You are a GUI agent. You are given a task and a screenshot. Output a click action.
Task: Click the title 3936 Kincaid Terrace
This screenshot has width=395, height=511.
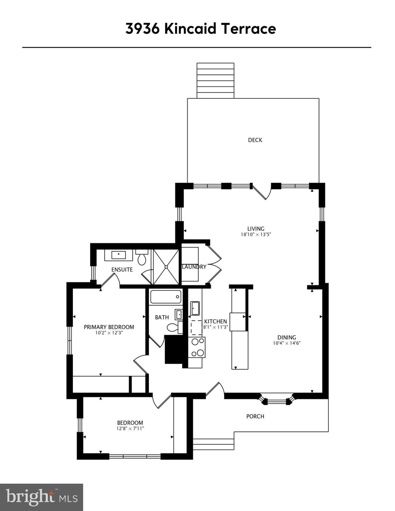coord(201,29)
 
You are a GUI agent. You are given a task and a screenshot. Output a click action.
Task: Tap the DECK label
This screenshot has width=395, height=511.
coord(255,140)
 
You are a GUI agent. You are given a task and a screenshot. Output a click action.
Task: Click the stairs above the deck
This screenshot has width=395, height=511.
coord(215,81)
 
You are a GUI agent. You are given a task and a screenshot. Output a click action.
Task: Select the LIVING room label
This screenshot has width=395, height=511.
coord(256,229)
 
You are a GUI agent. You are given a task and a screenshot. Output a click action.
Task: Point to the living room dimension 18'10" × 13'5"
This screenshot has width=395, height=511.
coord(256,234)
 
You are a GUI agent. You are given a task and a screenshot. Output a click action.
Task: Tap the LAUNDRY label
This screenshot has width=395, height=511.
coord(194,267)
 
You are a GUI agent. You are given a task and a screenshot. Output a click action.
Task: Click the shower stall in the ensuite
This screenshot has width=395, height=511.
coord(166,267)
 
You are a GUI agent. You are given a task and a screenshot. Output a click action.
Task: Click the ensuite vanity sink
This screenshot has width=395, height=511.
coord(118,255)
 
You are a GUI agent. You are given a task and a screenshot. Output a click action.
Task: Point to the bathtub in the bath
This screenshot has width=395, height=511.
coord(166,297)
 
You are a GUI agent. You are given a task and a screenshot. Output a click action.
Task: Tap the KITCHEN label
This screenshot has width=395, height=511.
coord(215,321)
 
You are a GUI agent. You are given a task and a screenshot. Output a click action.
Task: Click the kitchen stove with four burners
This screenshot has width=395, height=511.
coord(196,347)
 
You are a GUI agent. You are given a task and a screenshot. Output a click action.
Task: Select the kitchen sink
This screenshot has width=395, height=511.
coord(195,308)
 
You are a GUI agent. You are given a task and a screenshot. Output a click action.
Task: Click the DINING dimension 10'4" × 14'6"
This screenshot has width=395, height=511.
coord(287,343)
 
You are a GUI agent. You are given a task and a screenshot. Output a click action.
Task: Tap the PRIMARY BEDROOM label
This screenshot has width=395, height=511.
coord(109,327)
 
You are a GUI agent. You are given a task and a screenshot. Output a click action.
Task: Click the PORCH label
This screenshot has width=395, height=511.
coord(255,416)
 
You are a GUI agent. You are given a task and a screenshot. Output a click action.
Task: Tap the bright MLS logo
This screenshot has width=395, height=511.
coord(41,497)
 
